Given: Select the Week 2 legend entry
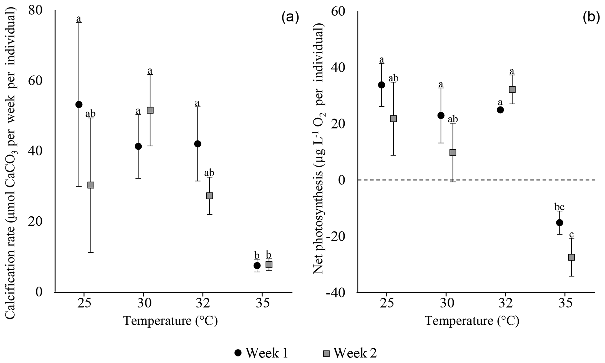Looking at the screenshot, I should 350,353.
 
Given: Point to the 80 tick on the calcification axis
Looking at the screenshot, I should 35,11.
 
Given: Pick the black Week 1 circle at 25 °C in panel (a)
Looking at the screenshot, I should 79,105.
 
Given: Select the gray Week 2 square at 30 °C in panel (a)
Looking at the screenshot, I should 150,110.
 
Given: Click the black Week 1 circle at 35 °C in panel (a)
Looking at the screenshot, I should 257,266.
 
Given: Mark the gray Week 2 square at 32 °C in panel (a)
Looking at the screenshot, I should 209,196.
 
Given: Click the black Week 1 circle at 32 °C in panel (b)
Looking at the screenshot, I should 500,110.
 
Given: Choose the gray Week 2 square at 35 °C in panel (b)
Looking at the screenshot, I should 571,257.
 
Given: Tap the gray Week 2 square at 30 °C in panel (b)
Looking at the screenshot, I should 453,153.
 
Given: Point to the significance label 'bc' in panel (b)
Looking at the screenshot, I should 559,207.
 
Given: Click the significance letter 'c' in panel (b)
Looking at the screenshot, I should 571,234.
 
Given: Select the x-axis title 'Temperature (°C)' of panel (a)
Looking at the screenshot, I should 170,321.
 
